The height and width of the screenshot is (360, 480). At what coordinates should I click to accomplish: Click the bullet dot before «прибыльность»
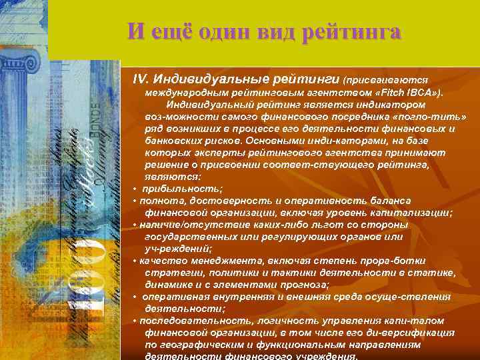tap(135, 189)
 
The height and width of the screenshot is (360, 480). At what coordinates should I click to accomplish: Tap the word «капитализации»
tap(413, 213)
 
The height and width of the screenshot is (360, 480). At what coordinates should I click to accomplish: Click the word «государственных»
tap(189, 237)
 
